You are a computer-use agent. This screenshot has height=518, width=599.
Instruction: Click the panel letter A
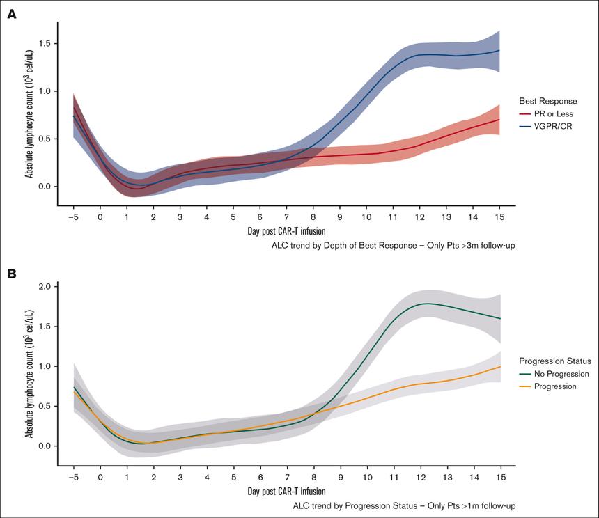pyautogui.click(x=11, y=14)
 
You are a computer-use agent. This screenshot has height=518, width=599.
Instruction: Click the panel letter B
pyautogui.click(x=11, y=274)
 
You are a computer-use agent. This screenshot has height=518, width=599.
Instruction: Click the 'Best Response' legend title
pyautogui.click(x=548, y=101)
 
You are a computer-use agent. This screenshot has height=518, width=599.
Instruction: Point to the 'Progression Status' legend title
pyautogui.click(x=555, y=361)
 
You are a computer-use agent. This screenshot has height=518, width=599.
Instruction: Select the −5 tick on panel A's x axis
pyautogui.click(x=73, y=217)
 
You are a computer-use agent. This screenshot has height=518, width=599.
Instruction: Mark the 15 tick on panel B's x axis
pyautogui.click(x=499, y=477)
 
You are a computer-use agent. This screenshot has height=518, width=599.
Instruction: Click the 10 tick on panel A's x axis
pyautogui.click(x=366, y=217)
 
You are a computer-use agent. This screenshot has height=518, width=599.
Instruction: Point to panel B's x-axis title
pyautogui.click(x=286, y=492)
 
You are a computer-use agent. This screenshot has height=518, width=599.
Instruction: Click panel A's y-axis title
pyautogui.click(x=29, y=113)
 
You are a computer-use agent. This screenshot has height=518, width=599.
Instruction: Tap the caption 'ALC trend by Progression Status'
pyautogui.click(x=404, y=505)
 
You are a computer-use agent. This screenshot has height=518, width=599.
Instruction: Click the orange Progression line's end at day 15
pyautogui.click(x=499, y=366)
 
